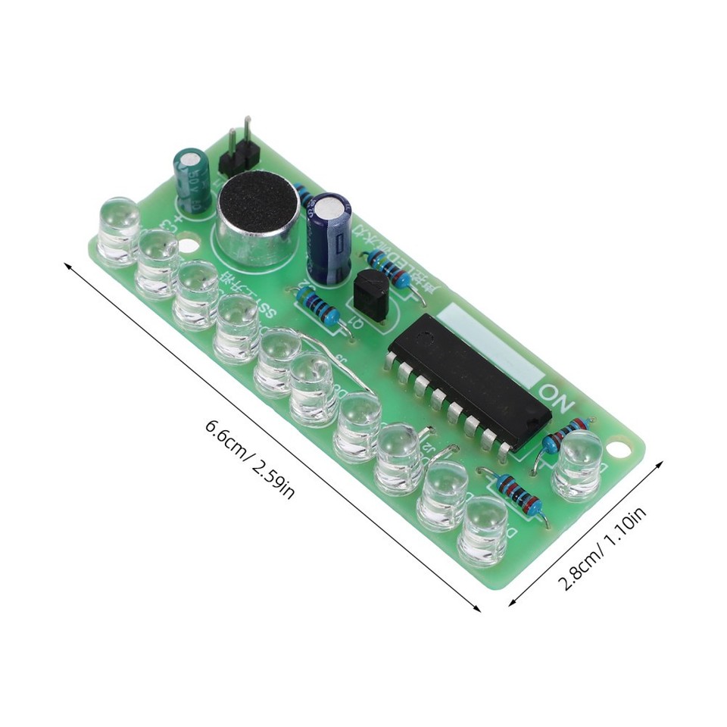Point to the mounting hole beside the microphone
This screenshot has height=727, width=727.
tap(189, 245)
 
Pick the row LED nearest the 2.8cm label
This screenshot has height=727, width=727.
tap(482, 529)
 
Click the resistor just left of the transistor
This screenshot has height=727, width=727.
tap(318, 307)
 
